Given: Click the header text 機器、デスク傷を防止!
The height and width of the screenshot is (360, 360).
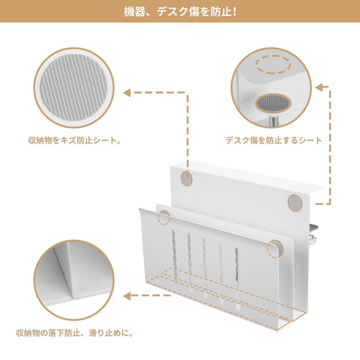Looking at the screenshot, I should pos(180,12).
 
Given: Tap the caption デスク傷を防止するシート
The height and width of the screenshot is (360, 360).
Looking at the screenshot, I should pos(274,141).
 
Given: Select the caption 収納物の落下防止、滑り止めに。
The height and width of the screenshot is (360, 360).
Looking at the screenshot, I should pos(75,333).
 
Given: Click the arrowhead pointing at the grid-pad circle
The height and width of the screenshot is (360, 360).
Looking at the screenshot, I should pos(127,93).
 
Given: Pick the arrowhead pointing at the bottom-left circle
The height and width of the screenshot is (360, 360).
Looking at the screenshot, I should pos(127,295).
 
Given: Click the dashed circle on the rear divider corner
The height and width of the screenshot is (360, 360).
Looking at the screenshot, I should pos(164,217).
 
